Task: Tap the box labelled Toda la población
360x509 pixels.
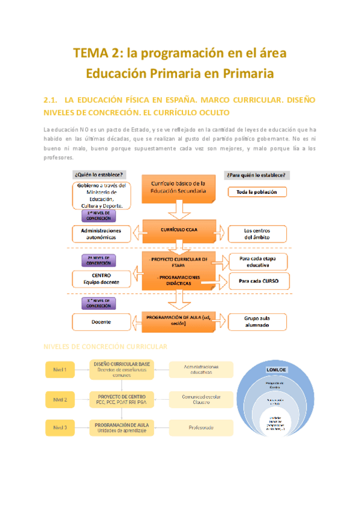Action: point(257,192)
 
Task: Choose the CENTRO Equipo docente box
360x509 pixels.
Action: point(101,279)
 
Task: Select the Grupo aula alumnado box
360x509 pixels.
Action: point(257,321)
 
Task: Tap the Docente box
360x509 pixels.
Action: point(101,322)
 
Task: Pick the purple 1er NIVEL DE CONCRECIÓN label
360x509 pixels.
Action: point(100,215)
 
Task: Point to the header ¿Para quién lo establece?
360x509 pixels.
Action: point(256,175)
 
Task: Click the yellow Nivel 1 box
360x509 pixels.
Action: point(60,370)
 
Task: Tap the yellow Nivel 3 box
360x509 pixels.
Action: point(60,428)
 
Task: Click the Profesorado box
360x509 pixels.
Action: point(199,427)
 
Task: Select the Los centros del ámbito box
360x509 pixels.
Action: point(257,233)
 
